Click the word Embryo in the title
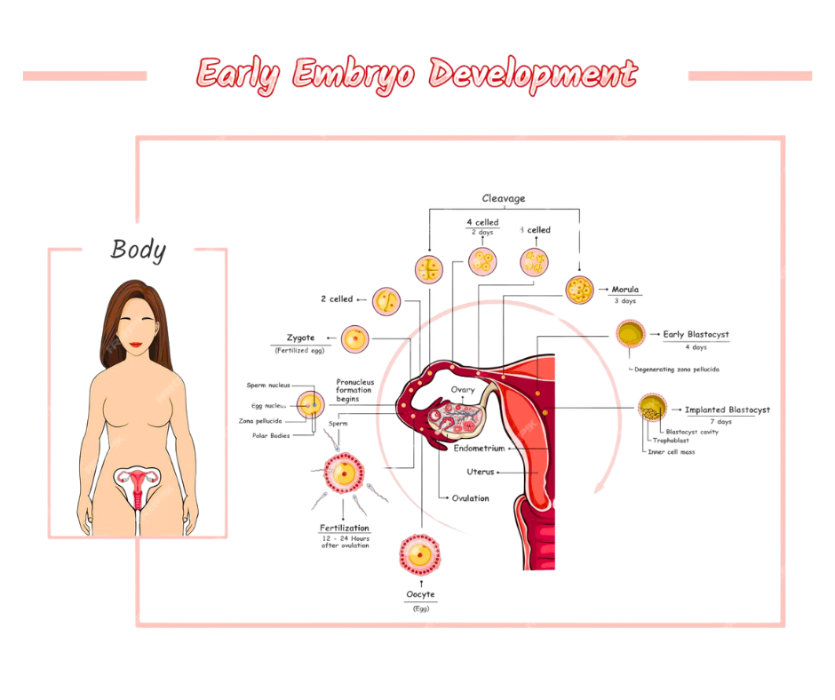point(354,75)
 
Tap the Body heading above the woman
point(138,251)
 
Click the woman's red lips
point(137,343)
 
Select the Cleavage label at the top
point(504,196)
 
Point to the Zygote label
point(305,338)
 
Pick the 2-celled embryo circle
point(386,302)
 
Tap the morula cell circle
point(579,289)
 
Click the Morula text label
point(625,290)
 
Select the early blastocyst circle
point(630,335)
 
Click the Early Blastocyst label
point(696,335)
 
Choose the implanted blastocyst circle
point(653,409)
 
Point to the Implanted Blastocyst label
point(727,410)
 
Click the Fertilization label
point(346,529)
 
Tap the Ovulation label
point(471,498)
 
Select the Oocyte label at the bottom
point(421,593)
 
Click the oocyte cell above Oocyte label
point(418,554)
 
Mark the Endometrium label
point(481,449)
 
